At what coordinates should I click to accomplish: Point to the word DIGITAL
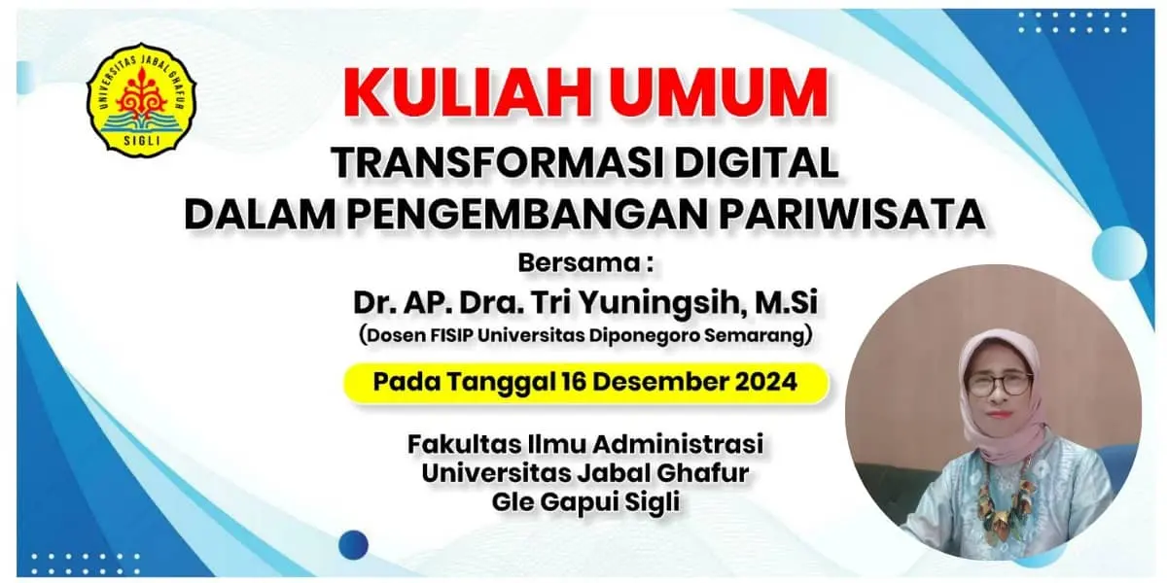point(756,163)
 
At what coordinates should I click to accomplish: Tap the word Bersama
point(579,263)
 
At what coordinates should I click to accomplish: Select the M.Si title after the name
point(786,302)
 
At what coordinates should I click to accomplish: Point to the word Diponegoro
point(645,335)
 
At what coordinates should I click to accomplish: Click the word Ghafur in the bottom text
point(703,473)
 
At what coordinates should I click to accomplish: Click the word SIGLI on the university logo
point(142,140)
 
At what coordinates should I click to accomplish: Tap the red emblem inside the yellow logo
point(141,92)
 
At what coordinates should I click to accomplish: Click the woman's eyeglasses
point(999,384)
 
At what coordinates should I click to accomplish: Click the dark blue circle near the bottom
point(354,545)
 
